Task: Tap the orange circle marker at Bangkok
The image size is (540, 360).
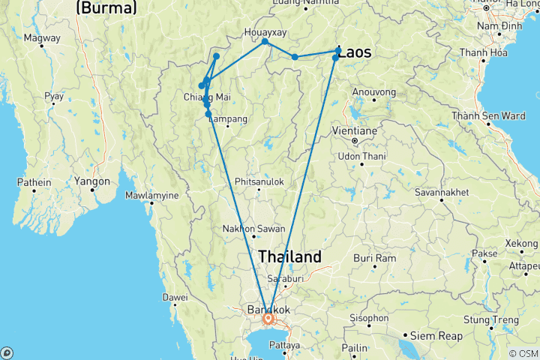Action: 268,319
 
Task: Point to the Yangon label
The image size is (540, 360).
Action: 92,181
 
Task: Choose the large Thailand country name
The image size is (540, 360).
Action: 289,256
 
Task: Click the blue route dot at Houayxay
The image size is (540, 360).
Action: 265,42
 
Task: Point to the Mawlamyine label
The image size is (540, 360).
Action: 151,196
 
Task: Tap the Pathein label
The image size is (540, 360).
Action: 34,182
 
